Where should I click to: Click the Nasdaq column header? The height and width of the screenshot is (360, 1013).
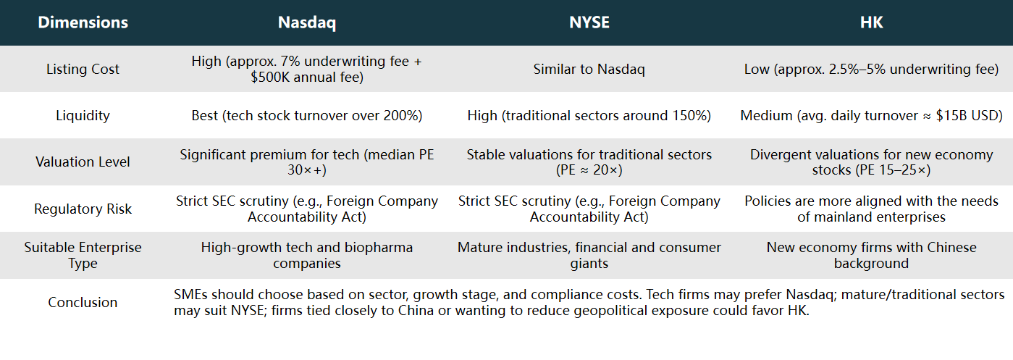point(306,22)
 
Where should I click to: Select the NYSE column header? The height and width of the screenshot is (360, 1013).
point(589,22)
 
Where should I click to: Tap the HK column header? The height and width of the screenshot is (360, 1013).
point(871,22)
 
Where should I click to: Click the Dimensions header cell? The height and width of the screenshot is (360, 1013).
point(83,22)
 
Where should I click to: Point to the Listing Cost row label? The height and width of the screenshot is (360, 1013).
point(83,69)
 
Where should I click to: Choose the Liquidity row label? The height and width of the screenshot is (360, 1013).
point(83,115)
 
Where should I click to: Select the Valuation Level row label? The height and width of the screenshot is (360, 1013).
point(83,162)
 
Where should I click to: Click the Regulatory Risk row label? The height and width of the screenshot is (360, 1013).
point(83,209)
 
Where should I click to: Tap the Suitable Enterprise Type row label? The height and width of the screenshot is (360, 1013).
point(83,255)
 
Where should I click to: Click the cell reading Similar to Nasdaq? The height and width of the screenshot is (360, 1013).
point(589,69)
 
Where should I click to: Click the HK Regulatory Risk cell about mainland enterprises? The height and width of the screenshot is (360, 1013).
point(871,209)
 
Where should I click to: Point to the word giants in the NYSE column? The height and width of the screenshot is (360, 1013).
point(589,263)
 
